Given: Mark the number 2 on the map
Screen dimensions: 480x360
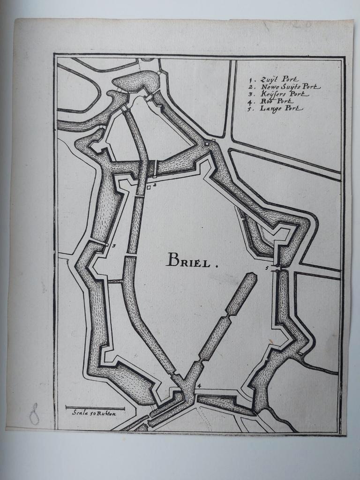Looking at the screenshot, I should [154, 185].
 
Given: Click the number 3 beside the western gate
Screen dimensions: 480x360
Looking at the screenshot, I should [114, 245].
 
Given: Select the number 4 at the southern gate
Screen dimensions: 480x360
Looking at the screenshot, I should [199, 386].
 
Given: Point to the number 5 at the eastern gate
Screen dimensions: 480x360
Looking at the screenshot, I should [267, 268].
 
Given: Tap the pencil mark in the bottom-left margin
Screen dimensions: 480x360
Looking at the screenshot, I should [34, 413].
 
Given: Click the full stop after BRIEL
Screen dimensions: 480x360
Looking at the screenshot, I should [217, 265].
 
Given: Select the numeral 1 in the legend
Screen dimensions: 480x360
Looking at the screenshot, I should [251, 80].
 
